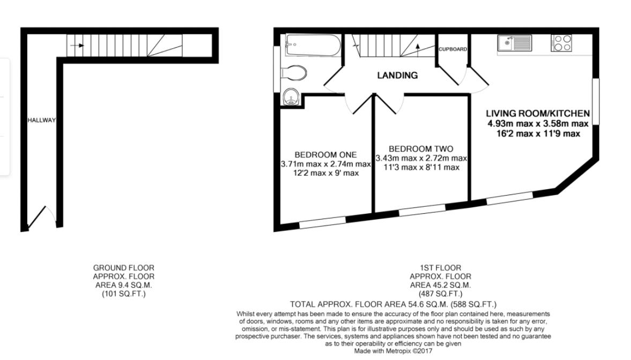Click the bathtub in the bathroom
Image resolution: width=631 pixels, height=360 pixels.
[x=313, y=46]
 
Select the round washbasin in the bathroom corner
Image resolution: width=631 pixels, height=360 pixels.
[x=290, y=97]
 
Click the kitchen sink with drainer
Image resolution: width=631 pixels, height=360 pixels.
[x=514, y=43]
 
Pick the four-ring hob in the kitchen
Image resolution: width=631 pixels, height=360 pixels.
[x=561, y=43]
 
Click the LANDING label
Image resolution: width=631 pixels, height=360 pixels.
[x=397, y=76]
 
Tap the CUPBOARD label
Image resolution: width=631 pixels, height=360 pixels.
[x=453, y=49]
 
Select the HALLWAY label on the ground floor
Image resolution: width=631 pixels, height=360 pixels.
[x=41, y=120]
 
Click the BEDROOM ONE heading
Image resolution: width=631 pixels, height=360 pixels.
[x=325, y=155]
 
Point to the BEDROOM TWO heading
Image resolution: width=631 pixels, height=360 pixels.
[x=421, y=149]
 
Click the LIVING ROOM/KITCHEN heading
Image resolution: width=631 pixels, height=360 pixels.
[x=538, y=114]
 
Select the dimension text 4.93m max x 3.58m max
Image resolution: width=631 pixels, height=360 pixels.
[x=538, y=124]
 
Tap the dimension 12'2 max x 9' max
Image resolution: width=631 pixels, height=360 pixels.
[x=325, y=173]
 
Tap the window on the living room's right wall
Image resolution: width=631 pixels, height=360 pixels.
[x=596, y=102]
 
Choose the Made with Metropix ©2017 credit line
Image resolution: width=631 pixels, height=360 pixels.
[x=392, y=351]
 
